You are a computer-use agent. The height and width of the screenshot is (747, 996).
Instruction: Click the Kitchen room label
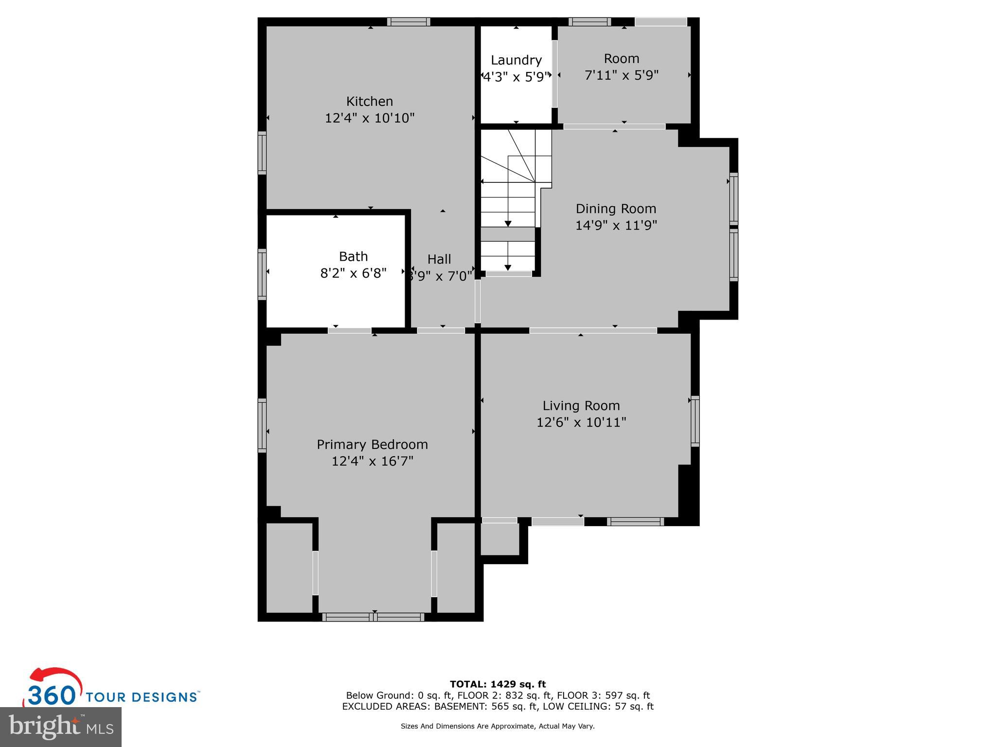[x=369, y=101]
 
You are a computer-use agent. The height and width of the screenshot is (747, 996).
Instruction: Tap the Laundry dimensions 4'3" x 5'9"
[x=516, y=77]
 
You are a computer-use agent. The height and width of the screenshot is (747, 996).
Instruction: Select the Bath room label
[x=353, y=256]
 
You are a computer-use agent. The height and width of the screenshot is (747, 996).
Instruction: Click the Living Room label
[x=581, y=406]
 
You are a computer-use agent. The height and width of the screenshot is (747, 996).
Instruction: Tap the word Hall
[x=439, y=259]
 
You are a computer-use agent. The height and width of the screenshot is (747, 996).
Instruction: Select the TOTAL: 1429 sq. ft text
[x=498, y=684]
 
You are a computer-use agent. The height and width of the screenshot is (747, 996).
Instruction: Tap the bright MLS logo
[x=61, y=727]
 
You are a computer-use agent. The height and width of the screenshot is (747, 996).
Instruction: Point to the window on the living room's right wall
[x=695, y=421]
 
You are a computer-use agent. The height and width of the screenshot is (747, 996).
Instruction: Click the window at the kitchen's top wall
[x=409, y=21]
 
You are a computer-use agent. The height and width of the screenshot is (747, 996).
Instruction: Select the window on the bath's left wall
[x=262, y=274]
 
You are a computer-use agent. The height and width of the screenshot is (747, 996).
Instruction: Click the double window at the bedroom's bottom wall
[x=373, y=617]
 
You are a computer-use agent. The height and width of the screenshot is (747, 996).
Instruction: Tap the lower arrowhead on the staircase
[x=508, y=267]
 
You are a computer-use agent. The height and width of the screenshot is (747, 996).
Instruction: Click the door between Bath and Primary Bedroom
[x=349, y=331]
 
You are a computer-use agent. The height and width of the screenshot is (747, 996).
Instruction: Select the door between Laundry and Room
[x=554, y=74]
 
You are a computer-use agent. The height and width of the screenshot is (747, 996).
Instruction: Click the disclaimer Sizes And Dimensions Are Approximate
[x=498, y=726]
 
